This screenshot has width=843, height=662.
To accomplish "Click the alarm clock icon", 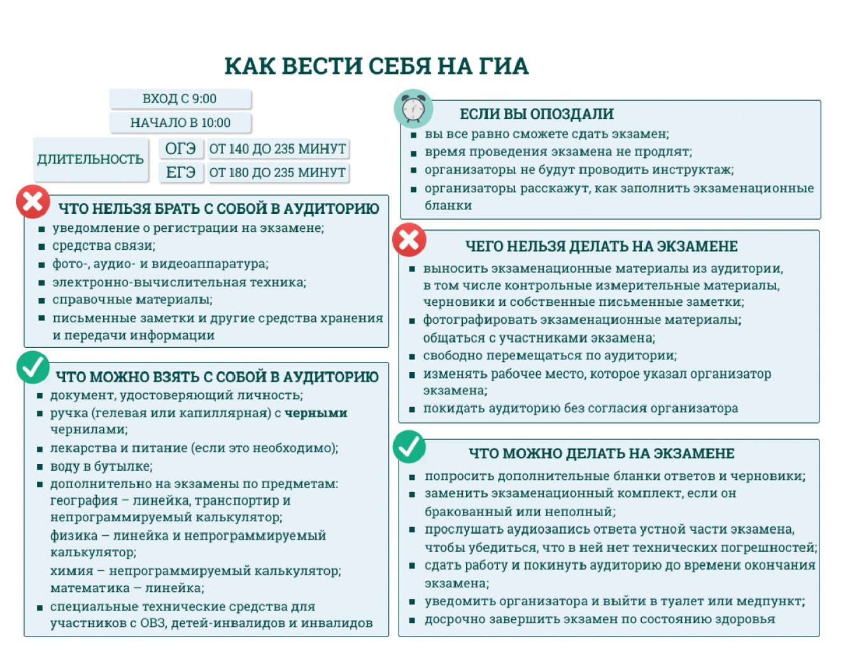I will [x=413, y=108].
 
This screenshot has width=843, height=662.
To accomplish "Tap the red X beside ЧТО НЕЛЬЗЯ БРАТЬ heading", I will [x=33, y=201].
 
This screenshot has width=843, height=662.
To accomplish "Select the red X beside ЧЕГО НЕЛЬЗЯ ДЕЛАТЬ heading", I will [x=409, y=240].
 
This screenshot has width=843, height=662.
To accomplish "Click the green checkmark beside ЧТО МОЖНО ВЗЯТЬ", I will [x=32, y=367].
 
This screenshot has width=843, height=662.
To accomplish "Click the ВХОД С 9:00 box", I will [x=180, y=99].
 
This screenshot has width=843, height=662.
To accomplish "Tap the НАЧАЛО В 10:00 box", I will [x=180, y=122].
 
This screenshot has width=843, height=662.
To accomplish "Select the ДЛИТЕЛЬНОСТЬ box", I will [x=90, y=159].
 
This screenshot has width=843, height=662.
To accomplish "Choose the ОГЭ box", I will [x=181, y=148].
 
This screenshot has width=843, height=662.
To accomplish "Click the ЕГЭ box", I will [x=181, y=172].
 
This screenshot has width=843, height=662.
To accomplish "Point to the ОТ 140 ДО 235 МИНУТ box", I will [x=278, y=148].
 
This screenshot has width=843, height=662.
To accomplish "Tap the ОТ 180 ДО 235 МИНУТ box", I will [x=278, y=172].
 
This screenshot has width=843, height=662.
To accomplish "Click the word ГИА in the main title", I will [x=504, y=66].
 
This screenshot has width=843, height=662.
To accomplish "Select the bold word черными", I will [x=316, y=413].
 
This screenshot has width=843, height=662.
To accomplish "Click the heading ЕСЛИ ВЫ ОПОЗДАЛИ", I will [x=537, y=114].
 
